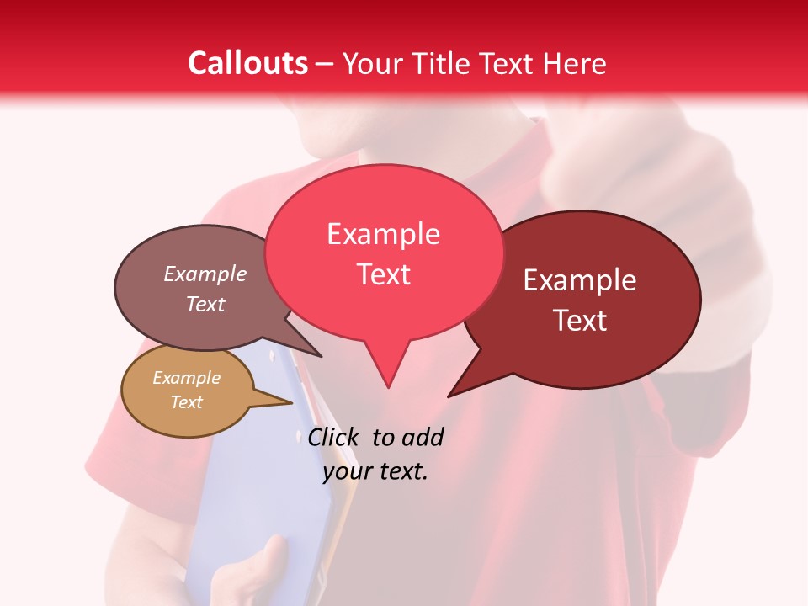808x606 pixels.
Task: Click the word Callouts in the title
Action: click(x=247, y=63)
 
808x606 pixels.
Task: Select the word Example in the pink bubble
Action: click(x=383, y=234)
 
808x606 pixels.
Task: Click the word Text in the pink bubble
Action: click(x=384, y=274)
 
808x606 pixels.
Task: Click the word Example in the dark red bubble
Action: click(x=580, y=280)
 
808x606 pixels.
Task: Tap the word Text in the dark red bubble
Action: click(x=580, y=321)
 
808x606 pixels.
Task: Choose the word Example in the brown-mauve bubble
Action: click(x=205, y=274)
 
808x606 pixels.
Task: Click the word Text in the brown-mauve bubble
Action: click(x=205, y=304)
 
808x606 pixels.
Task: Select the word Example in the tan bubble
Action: click(x=186, y=378)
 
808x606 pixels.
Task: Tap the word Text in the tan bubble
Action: click(x=186, y=402)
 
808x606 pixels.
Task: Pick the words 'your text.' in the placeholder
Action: click(x=375, y=471)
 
